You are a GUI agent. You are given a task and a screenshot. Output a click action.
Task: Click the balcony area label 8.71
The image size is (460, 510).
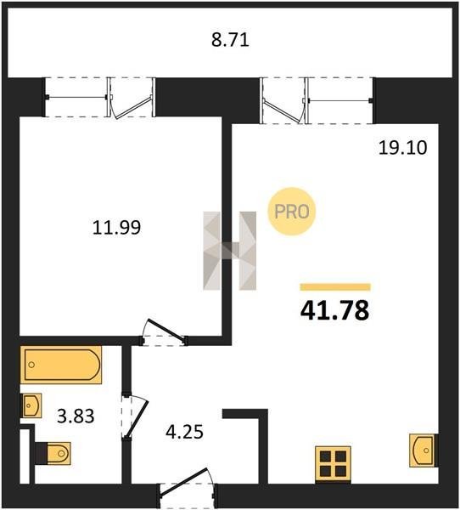[230, 40]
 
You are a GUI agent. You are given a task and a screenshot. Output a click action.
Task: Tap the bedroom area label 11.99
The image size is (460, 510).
[116, 227]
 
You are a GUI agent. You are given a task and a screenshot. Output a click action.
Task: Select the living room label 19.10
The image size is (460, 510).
[403, 148]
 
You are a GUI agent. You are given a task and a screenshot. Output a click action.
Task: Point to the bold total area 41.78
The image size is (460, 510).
[335, 310]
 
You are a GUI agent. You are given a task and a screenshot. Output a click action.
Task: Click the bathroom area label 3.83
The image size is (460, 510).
[76, 416]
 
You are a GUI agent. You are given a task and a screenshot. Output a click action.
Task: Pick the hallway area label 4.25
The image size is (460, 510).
[184, 433]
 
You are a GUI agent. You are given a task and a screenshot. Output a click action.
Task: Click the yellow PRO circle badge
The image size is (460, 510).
[291, 212]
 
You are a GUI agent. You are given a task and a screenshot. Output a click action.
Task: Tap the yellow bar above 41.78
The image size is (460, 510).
[335, 287]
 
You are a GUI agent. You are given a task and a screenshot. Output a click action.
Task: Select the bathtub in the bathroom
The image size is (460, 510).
[61, 365]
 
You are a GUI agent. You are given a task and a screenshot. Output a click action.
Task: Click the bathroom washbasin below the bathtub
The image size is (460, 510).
[31, 405]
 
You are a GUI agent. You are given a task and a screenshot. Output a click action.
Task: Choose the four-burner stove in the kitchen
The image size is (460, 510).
[334, 463]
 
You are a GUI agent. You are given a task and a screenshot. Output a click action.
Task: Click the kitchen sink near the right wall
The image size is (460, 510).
[422, 450]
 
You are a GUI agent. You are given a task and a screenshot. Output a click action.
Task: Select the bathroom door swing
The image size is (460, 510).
[136, 416]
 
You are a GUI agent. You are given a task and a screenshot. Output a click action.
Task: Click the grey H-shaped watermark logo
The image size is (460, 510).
[230, 251]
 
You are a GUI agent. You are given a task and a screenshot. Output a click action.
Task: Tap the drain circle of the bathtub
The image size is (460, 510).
[31, 365]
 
